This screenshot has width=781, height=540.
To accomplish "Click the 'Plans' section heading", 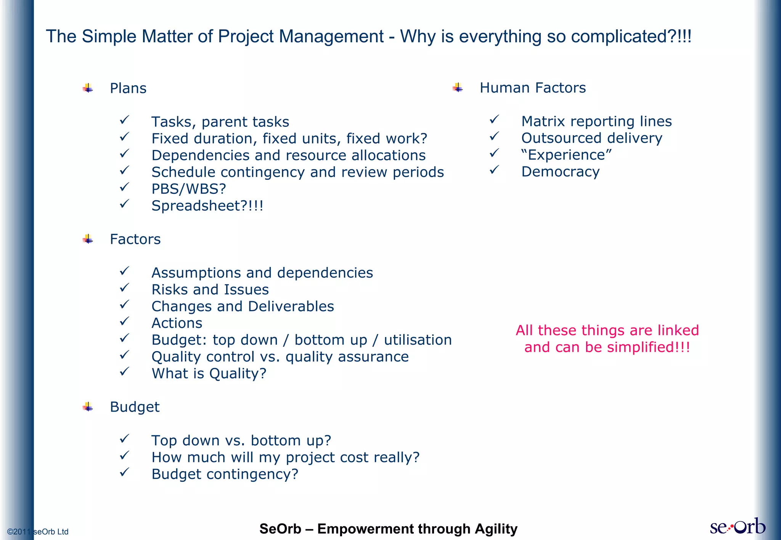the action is pyautogui.click(x=128, y=88).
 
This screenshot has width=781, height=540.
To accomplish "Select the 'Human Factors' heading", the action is pyautogui.click(x=532, y=88).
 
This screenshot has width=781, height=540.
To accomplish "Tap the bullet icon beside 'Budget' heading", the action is pyautogui.click(x=88, y=407).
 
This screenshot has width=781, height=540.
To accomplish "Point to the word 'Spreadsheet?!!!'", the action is pyautogui.click(x=207, y=206).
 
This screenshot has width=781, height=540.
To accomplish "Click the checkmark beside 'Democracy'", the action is pyautogui.click(x=494, y=170).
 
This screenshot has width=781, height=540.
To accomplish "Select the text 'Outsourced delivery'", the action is pyautogui.click(x=591, y=138).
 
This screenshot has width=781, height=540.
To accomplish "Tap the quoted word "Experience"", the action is pyautogui.click(x=566, y=155).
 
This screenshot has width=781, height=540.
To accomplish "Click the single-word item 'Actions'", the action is pyautogui.click(x=177, y=323).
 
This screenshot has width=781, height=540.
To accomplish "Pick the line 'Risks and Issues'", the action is pyautogui.click(x=210, y=290).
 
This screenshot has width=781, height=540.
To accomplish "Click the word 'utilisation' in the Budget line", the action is pyautogui.click(x=418, y=340).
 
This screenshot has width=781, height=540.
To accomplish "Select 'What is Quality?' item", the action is pyautogui.click(x=209, y=374).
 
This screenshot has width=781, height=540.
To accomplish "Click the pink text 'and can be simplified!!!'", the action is pyautogui.click(x=607, y=347).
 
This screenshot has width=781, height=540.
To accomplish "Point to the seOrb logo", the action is pyautogui.click(x=737, y=527).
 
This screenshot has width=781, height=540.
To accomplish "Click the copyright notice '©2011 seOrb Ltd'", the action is pyautogui.click(x=38, y=532).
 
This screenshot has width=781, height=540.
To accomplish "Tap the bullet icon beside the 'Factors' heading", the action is pyautogui.click(x=88, y=240).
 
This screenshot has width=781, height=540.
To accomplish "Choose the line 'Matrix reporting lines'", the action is pyautogui.click(x=596, y=121).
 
